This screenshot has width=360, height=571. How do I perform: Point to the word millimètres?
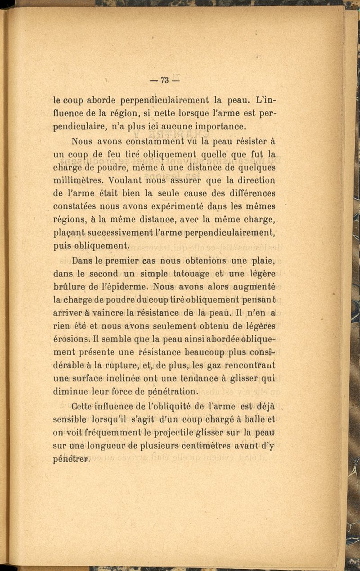point(79,180)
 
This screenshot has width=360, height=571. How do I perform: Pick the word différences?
point(249,193)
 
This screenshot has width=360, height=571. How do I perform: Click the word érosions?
point(73,338)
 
